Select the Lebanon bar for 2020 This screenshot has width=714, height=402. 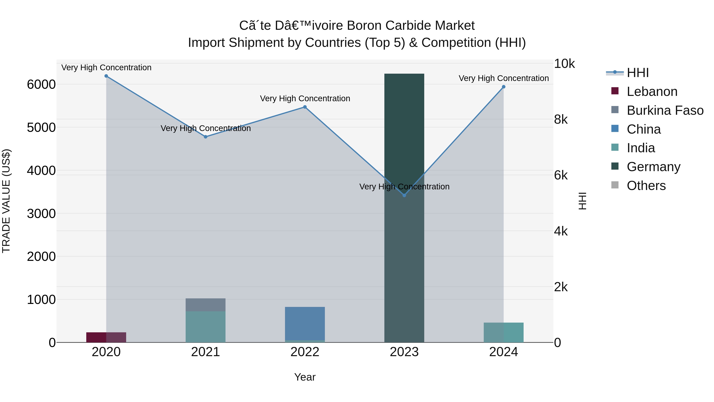pyautogui.click(x=106, y=337)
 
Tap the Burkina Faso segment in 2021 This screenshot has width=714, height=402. pyautogui.click(x=205, y=305)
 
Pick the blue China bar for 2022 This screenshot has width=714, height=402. pyautogui.click(x=305, y=323)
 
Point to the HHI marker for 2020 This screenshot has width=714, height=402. pyautogui.click(x=106, y=76)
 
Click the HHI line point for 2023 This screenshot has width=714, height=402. pyautogui.click(x=404, y=195)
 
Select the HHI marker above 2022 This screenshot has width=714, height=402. pyautogui.click(x=305, y=107)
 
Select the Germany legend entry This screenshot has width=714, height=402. pyautogui.click(x=653, y=167)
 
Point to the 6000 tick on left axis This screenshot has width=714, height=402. pyautogui.click(x=41, y=85)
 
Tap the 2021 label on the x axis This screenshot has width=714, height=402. pyautogui.click(x=205, y=352)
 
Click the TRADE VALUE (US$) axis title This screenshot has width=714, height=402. pyautogui.click(x=6, y=201)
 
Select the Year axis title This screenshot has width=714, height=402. pyautogui.click(x=305, y=377)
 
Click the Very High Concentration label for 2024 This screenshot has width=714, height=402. pyautogui.click(x=503, y=78)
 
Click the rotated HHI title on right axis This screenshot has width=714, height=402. pyautogui.click(x=583, y=201)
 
